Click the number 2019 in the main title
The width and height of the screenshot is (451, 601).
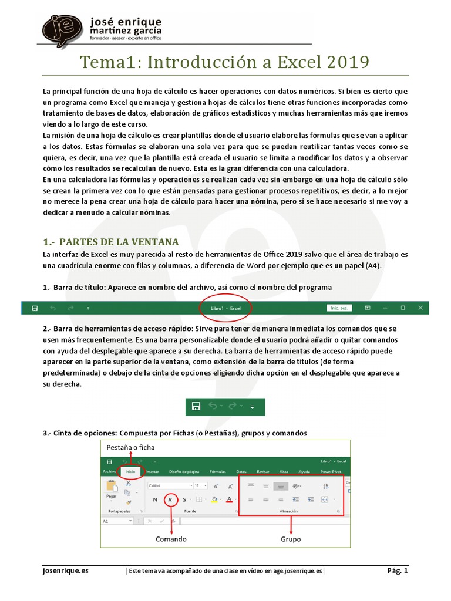(346, 62)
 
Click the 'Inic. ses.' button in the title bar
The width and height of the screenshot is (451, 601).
(339, 308)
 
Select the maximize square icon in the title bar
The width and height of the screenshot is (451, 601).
(403, 308)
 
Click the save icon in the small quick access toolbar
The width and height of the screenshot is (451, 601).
(197, 406)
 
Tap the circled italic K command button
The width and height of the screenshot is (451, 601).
(170, 499)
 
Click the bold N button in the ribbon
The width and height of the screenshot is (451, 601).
(155, 499)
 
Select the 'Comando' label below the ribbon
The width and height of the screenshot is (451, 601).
(171, 539)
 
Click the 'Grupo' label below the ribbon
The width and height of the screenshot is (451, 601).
(291, 539)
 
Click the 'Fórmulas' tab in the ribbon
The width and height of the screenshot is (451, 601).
(218, 471)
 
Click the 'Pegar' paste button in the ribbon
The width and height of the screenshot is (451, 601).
(111, 489)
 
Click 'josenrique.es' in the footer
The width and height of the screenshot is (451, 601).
(66, 570)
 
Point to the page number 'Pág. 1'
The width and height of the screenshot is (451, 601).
(397, 570)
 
